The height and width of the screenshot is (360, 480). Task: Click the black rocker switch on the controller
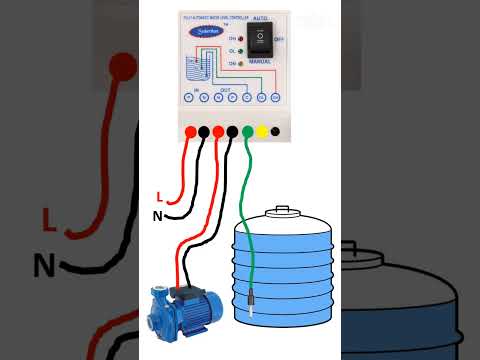(259, 38)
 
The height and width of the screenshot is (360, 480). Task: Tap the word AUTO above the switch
(259, 19)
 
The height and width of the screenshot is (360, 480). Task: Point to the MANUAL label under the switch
(260, 61)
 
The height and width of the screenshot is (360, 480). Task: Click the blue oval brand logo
(203, 31)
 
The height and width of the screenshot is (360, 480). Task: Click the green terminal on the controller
(247, 131)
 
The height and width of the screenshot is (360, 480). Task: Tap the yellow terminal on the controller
(262, 131)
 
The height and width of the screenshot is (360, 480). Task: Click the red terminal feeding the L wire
(189, 131)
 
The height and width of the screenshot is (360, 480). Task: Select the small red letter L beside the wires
(159, 196)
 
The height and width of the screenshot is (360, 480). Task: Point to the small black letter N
(157, 215)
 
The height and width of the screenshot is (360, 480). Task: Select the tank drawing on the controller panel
(196, 70)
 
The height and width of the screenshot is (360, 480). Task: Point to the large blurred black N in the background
(44, 265)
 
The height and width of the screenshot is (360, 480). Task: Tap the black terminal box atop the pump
(183, 291)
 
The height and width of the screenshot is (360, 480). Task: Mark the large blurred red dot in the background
(122, 67)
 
